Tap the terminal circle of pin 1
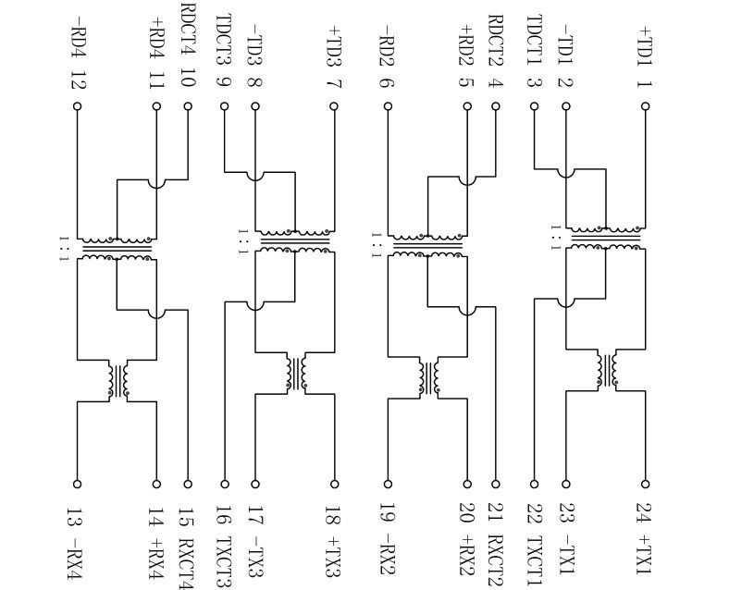click(x=646, y=106)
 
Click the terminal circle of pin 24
click(x=646, y=484)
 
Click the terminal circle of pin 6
click(x=389, y=106)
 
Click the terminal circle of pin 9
click(x=224, y=106)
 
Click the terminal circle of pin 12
click(x=78, y=106)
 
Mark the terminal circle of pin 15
click(x=189, y=484)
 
